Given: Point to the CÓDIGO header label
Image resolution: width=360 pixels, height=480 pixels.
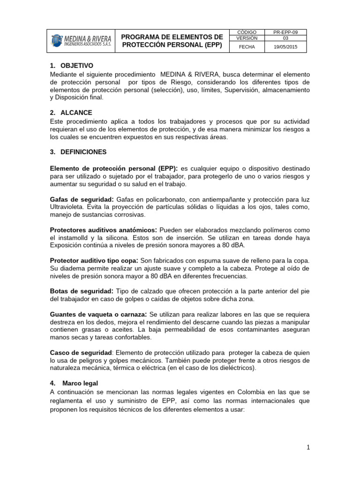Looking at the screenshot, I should tap(247, 32).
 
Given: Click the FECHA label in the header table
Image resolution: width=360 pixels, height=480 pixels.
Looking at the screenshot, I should tap(247, 47).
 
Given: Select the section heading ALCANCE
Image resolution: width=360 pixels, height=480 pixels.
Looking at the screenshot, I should tap(76, 113).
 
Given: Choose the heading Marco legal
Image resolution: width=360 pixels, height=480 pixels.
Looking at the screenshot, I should tap(80, 383).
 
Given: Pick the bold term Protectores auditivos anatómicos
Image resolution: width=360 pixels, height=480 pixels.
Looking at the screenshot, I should tap(104, 230).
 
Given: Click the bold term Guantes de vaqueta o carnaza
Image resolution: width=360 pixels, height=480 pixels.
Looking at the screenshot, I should tap(99, 314).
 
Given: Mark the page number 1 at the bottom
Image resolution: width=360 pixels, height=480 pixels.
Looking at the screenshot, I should tap(308, 448).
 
